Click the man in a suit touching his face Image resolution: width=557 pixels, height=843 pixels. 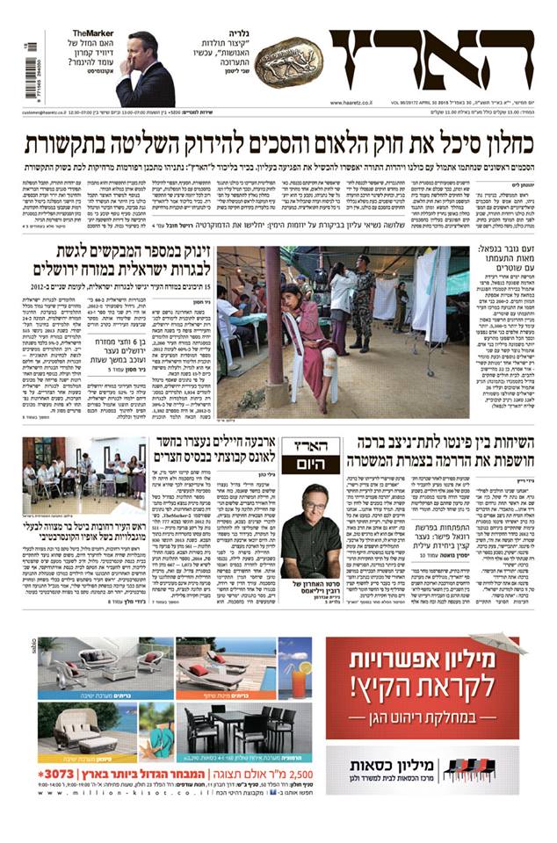(145, 70)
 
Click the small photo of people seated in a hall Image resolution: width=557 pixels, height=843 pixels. (85, 479)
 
